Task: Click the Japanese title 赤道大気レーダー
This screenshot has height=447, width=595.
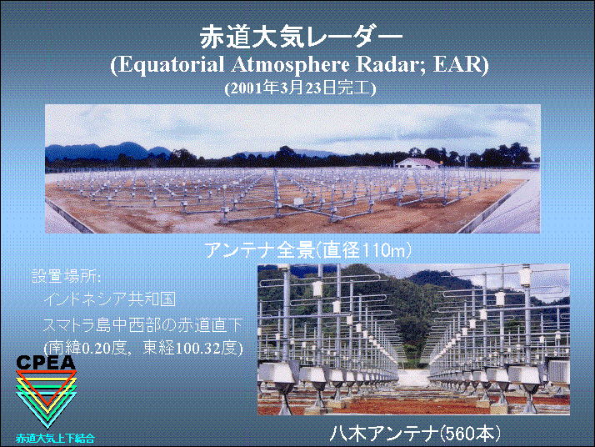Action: pos(301,38)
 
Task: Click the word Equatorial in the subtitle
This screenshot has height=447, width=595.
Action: pos(170,64)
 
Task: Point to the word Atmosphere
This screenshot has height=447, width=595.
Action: pos(290,64)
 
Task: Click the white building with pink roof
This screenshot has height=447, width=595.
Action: pos(417,163)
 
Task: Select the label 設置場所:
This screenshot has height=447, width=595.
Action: pos(66,276)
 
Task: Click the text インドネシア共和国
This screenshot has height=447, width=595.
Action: pos(110,299)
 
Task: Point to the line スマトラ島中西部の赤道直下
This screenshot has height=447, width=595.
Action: pos(142,324)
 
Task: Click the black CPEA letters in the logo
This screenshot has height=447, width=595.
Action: pos(46,362)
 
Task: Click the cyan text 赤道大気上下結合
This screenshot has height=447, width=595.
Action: pos(55,439)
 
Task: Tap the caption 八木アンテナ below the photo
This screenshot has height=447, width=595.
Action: pos(383,433)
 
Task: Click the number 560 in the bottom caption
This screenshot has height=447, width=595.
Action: pos(462,434)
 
